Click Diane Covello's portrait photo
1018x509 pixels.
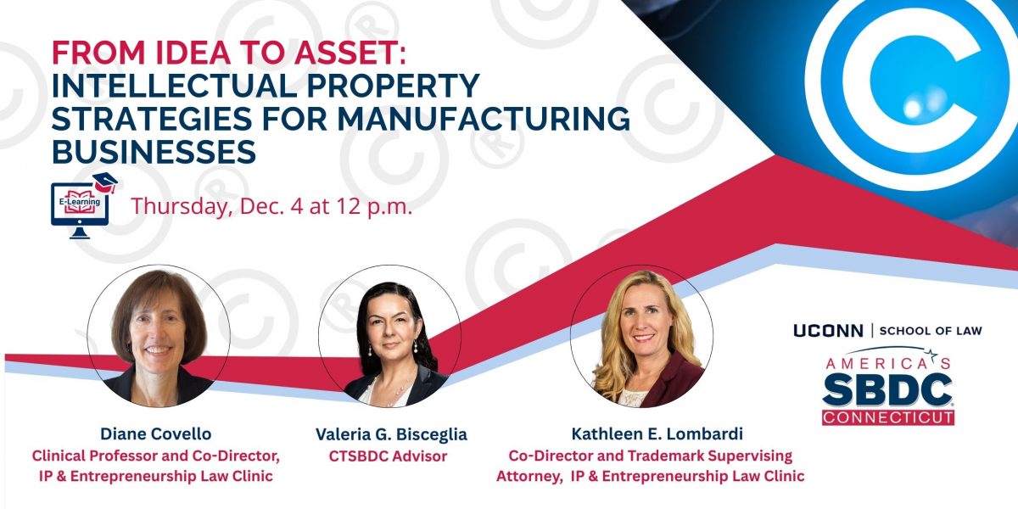coord(159,336)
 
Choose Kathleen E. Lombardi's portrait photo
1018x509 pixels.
coord(641,336)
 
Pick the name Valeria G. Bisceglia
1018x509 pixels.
coord(391,434)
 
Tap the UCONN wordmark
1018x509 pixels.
coord(828,331)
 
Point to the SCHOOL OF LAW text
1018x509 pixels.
coord(931,331)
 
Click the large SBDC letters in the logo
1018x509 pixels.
coord(887,387)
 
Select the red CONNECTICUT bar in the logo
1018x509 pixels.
coord(887,417)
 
